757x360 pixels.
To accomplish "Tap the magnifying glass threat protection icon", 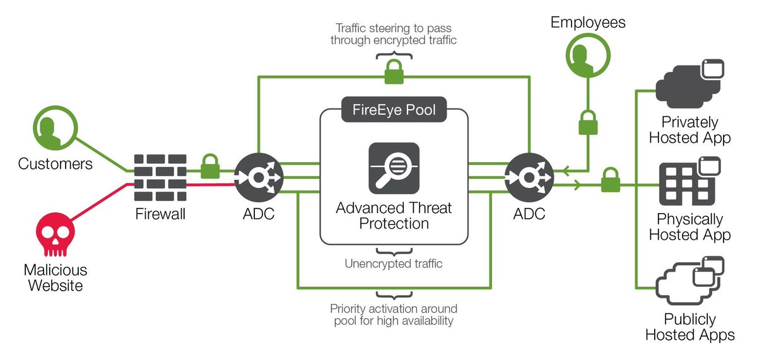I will tap(394, 168).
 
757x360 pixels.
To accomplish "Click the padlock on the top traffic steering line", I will tap(394, 73).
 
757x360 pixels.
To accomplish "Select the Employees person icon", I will tap(587, 57).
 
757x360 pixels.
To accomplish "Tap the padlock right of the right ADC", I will tap(610, 182).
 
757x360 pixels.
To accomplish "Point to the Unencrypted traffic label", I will tap(394, 264).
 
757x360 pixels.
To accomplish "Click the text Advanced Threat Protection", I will tap(394, 216).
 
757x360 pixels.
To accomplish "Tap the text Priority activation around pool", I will tap(394, 315).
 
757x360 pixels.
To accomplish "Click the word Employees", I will tap(588, 23).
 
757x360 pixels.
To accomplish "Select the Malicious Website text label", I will tap(55, 277).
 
